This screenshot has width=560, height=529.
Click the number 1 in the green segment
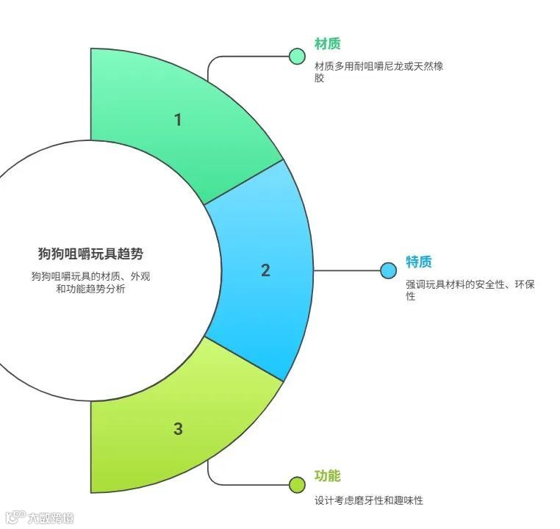click(x=177, y=119)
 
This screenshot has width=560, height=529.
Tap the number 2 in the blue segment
click(x=265, y=270)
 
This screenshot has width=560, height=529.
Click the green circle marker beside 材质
click(x=297, y=57)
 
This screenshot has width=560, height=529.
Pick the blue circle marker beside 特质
click(x=389, y=270)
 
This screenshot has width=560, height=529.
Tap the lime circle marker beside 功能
click(x=297, y=483)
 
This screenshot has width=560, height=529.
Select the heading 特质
click(x=419, y=262)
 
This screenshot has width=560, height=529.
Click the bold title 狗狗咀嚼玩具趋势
click(x=91, y=253)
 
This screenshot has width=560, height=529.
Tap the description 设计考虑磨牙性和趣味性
click(x=369, y=500)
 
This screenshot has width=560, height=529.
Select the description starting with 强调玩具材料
click(x=469, y=290)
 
